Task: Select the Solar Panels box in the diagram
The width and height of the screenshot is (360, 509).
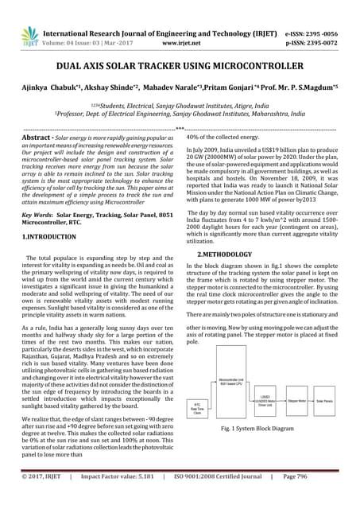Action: [x=335, y=402]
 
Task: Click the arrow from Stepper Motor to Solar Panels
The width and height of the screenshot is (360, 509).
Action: [x=315, y=402]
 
